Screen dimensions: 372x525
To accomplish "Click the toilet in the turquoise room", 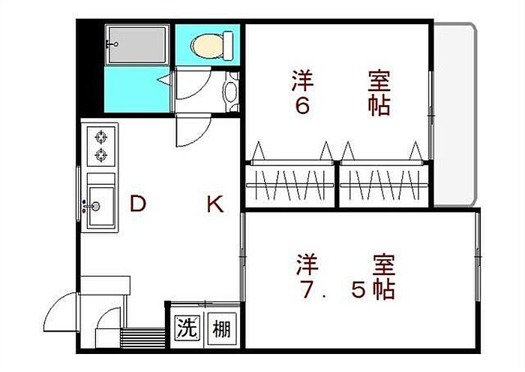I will point(208,46).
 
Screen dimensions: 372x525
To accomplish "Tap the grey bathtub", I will point(136,44).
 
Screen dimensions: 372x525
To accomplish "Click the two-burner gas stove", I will point(100,147).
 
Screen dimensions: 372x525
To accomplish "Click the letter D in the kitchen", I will point(136,204).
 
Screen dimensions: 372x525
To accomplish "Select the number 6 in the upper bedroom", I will point(301,105).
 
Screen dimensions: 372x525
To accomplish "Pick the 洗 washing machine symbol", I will point(186,328).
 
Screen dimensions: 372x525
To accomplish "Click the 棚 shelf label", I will point(220,328).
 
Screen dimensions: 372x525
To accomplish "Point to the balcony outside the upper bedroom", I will point(454,113).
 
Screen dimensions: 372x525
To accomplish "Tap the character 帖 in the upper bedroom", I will point(379,105).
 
